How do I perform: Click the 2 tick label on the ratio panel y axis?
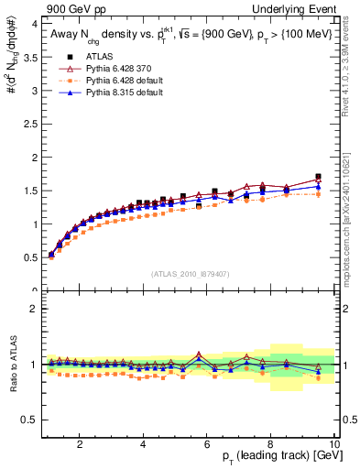click(33, 309)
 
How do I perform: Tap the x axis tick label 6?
click(207, 443)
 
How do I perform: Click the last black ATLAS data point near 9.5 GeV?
click(318, 177)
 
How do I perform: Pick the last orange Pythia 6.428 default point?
click(318, 194)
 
